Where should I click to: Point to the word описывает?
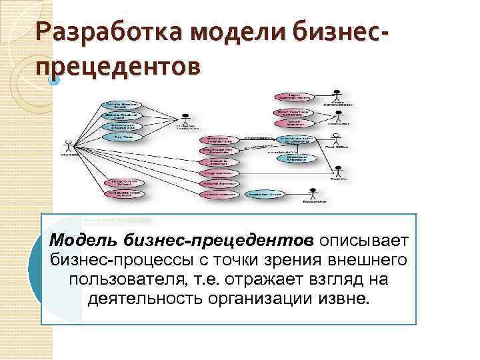364,239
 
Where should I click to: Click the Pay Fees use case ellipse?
119,137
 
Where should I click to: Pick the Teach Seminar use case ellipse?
289,123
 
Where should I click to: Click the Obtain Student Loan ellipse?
119,115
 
